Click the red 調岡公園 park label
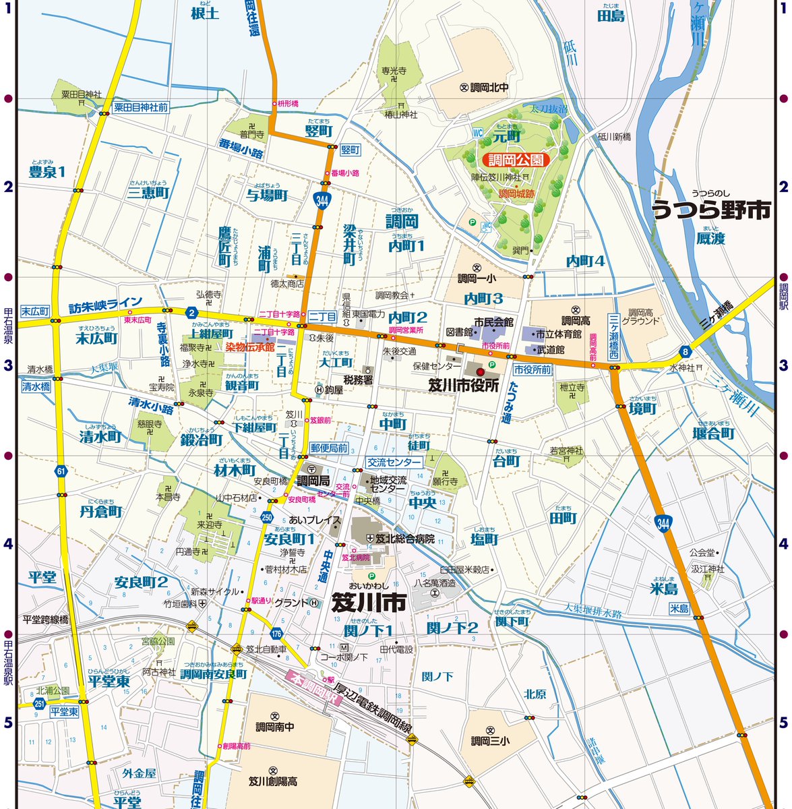[x=516, y=160]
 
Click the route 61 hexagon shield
[x=62, y=472]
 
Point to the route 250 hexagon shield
[x=267, y=517]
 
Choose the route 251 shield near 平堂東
[x=40, y=704]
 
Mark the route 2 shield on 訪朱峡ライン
[x=192, y=312]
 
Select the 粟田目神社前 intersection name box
[x=140, y=107]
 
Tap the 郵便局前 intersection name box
[x=329, y=448]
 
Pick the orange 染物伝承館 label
[x=249, y=347]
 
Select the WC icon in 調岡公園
[x=479, y=132]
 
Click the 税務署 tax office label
[x=358, y=380]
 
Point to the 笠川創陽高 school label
[x=273, y=781]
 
